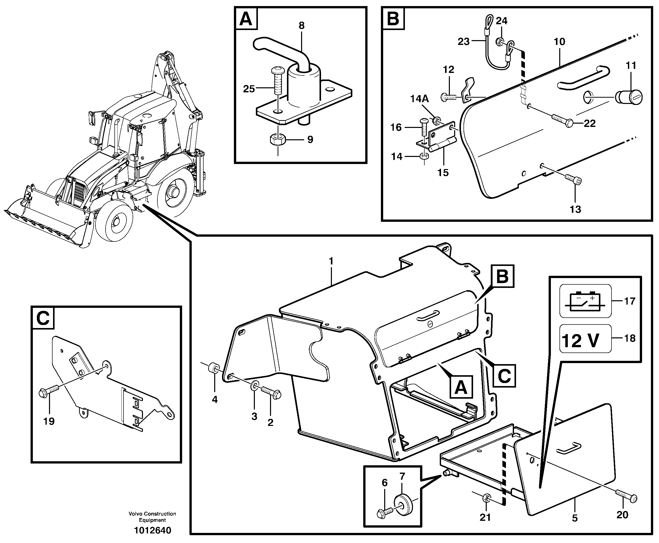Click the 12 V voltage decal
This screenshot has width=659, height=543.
[585, 338]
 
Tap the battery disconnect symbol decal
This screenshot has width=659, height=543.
[585, 301]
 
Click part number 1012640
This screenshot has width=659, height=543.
[153, 530]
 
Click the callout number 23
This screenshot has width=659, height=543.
[464, 42]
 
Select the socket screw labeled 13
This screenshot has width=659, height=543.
[574, 180]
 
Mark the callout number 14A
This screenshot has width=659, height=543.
[419, 99]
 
